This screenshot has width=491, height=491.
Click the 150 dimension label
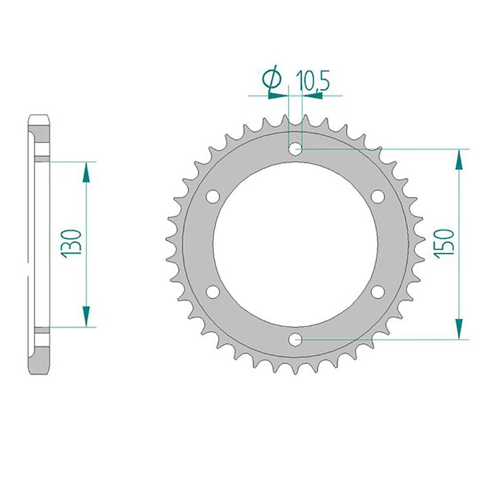pyautogui.click(x=444, y=244)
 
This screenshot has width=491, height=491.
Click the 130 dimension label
pyautogui.click(x=72, y=244)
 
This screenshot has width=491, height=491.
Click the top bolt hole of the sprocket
pyautogui.click(x=295, y=149)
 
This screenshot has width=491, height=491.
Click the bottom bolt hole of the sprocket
pyautogui.click(x=295, y=339)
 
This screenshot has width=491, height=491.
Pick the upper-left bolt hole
pyautogui.click(x=213, y=197)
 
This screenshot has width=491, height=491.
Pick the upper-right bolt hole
pyautogui.click(x=377, y=197)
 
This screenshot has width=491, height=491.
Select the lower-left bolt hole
pyautogui.click(x=213, y=292)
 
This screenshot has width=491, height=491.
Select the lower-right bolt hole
pyautogui.click(x=377, y=292)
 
